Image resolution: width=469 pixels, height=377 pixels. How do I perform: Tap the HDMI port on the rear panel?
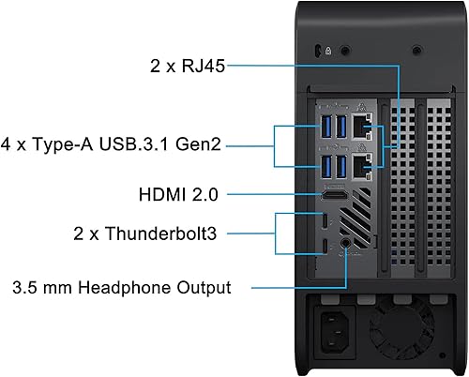click(333, 198)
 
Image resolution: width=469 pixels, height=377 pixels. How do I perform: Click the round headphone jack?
click(348, 243)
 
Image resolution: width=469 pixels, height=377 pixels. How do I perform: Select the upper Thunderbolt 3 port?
click(325, 221)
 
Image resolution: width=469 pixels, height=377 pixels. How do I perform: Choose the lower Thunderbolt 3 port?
click(325, 248)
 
